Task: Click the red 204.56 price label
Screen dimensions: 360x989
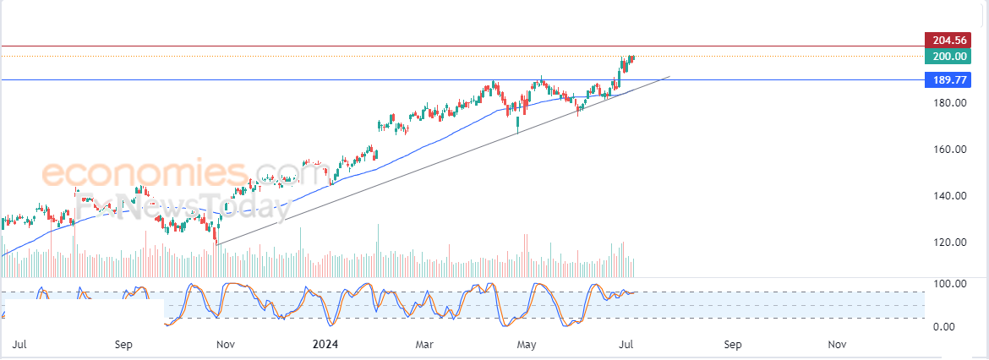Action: point(948,40)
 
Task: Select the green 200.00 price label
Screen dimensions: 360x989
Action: point(948,57)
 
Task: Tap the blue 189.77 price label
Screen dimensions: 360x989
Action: point(948,80)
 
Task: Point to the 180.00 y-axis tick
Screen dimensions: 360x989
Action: point(948,103)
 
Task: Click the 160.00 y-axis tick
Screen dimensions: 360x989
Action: point(948,150)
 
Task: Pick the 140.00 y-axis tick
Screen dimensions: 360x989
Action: point(948,196)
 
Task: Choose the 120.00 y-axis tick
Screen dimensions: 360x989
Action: point(948,243)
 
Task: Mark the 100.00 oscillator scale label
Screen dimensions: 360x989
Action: point(948,283)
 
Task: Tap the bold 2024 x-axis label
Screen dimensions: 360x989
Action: point(325,345)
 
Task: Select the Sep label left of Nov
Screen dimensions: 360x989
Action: point(123,345)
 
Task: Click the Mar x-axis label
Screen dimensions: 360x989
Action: point(425,345)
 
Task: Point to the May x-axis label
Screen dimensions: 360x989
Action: point(527,345)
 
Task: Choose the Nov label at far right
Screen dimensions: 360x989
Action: point(837,345)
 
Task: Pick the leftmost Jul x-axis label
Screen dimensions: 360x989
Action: point(21,345)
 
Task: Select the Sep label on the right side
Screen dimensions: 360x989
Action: point(733,345)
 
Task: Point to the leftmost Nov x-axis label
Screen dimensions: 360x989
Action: point(225,345)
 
